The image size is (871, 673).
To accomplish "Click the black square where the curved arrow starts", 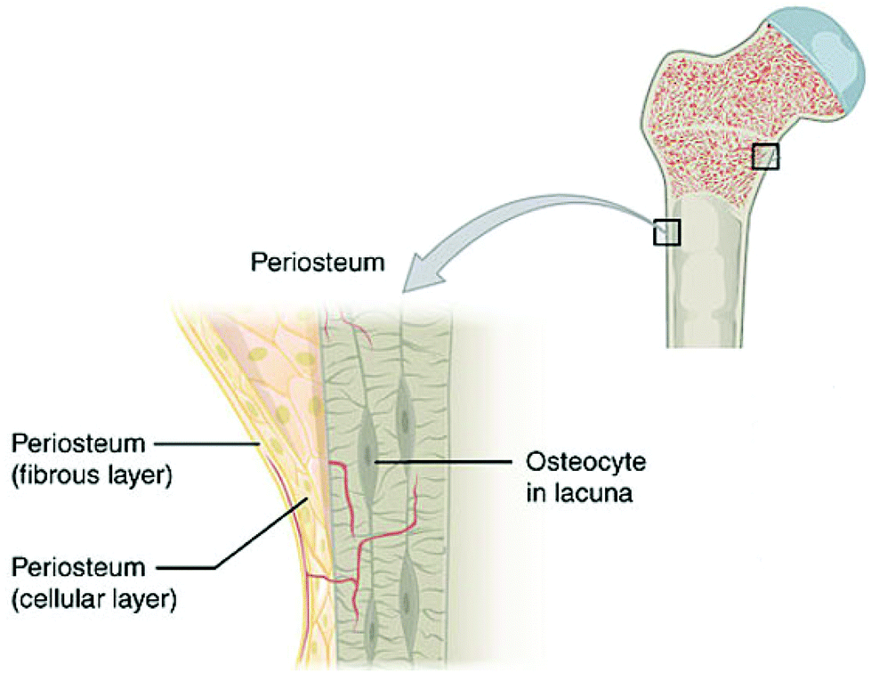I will (x=666, y=231).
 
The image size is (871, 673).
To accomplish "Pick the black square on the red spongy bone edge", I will (x=766, y=157).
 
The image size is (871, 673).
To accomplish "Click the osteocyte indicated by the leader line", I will (x=368, y=457).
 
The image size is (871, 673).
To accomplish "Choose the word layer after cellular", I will (x=146, y=598).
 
